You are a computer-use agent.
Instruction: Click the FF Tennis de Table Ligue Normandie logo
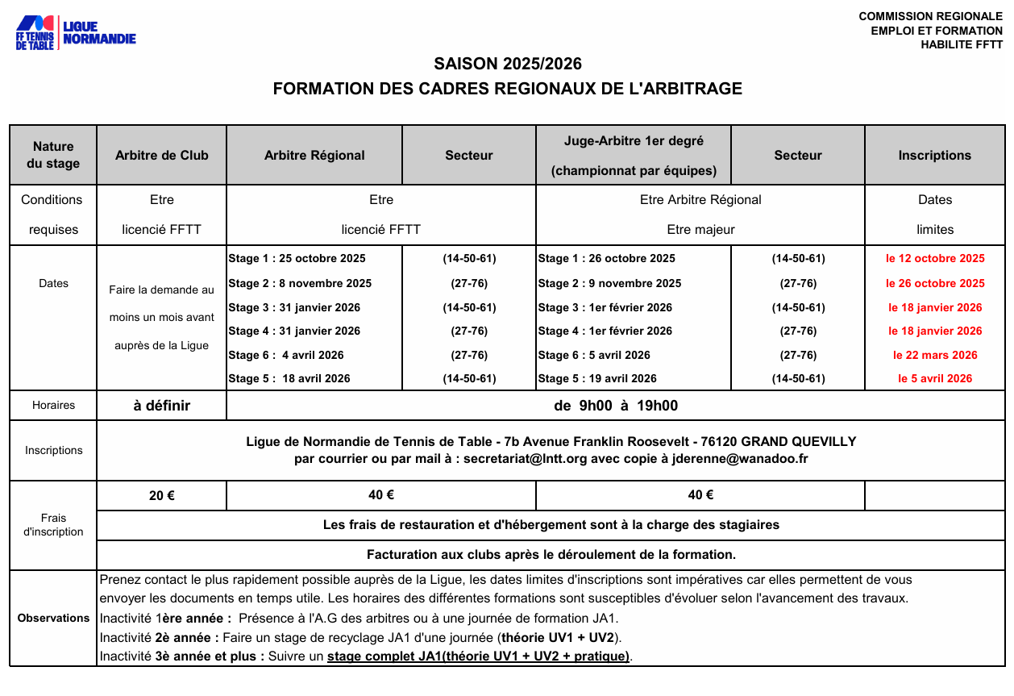tap(76, 33)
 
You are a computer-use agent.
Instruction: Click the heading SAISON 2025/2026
tap(507, 64)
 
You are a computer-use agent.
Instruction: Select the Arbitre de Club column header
tap(161, 156)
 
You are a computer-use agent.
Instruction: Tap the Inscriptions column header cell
tap(934, 156)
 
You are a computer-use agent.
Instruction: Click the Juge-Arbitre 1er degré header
tap(633, 141)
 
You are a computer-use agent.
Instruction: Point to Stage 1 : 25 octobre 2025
tap(297, 259)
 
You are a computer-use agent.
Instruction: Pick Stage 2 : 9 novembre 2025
tap(609, 284)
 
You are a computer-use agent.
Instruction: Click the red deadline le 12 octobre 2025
tap(935, 259)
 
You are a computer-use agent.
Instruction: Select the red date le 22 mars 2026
tap(935, 355)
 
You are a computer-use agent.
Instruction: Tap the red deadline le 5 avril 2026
tap(935, 378)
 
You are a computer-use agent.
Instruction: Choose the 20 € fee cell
tap(161, 496)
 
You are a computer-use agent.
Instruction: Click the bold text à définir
tap(161, 406)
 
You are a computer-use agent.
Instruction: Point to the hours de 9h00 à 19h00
tap(616, 406)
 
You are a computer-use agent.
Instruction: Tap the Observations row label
tap(53, 618)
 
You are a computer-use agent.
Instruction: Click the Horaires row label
tap(53, 406)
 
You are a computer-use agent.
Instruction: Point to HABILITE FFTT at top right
tap(962, 45)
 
